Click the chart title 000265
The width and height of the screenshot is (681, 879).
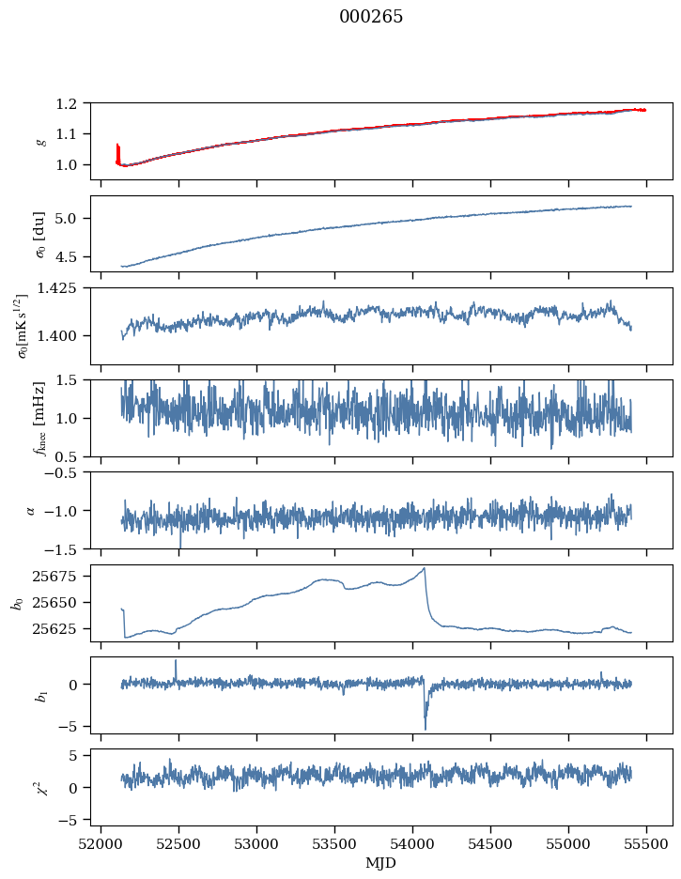[371, 17]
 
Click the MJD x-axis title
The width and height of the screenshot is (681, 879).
[381, 863]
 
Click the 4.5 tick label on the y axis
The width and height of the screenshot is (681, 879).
[74, 256]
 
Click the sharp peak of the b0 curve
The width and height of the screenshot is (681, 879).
[425, 568]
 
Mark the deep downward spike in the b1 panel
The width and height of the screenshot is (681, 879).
[426, 728]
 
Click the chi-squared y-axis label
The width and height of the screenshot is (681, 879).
[39, 787]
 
